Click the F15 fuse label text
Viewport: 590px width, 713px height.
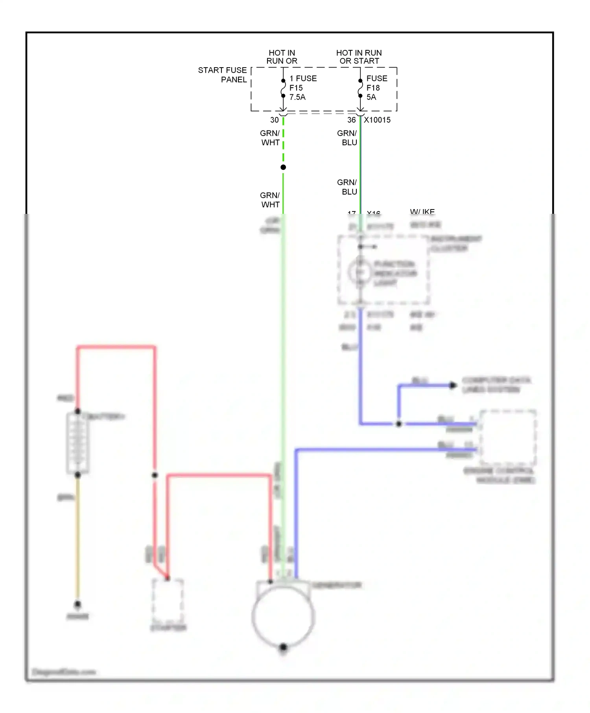[296, 88]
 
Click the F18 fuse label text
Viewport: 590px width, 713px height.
[373, 88]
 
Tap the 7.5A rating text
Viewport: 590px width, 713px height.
[297, 97]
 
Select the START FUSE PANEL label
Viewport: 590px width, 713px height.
[223, 75]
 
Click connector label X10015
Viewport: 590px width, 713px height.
[377, 120]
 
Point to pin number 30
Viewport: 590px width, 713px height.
[274, 120]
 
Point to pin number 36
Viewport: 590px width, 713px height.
[351, 120]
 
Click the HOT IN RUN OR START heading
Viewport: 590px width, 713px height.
[359, 57]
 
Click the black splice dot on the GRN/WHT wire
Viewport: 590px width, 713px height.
[283, 167]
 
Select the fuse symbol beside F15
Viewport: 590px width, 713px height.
[283, 88]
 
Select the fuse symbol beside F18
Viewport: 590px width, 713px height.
[360, 88]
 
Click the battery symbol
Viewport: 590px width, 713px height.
[78, 443]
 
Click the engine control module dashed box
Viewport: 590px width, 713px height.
[507, 437]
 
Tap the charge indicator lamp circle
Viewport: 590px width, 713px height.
[360, 272]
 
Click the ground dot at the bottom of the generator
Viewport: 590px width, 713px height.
[283, 647]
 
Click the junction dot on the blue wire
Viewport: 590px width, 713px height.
[399, 424]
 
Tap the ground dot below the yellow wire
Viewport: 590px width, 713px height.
[78, 604]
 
